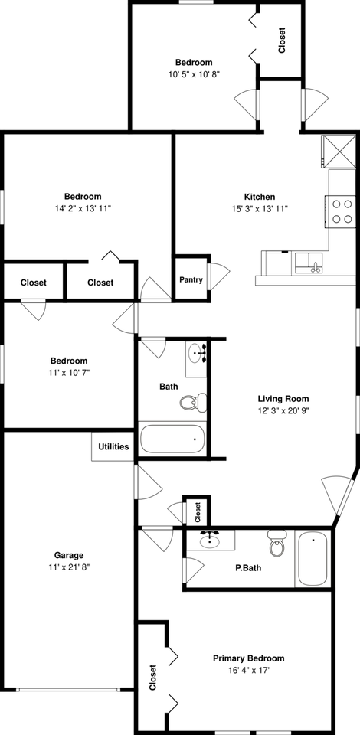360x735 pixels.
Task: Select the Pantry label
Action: click(191, 279)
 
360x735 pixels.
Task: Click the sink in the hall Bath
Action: click(198, 354)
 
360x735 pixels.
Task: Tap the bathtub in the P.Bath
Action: click(313, 559)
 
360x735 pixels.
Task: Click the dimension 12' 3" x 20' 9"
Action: click(283, 410)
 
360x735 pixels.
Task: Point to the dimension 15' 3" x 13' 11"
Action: click(260, 209)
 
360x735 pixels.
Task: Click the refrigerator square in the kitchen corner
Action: click(339, 151)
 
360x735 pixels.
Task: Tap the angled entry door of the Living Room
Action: click(337, 498)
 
